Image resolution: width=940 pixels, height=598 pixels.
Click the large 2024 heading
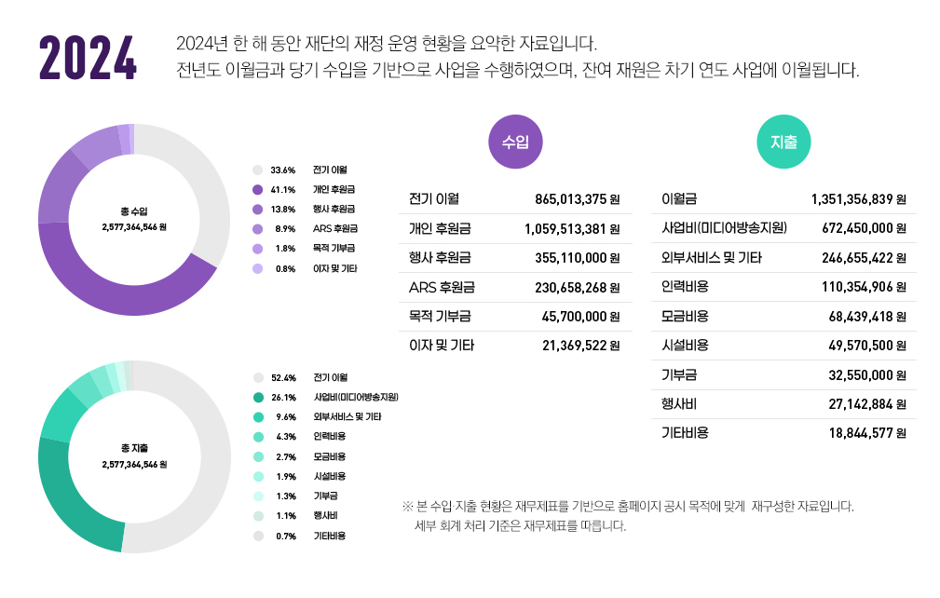pos(88,58)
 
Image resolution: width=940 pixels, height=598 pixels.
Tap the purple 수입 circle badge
pos(515,143)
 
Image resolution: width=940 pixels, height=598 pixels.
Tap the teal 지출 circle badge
pos(783,143)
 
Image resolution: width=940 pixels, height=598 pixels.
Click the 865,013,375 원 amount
pos(578,199)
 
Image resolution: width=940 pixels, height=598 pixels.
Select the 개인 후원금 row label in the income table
pos(440,228)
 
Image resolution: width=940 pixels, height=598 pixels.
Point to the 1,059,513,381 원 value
pos(572,229)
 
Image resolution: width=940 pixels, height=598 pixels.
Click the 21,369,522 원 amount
pos(581,346)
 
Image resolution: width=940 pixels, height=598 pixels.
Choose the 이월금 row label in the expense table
pos(679,199)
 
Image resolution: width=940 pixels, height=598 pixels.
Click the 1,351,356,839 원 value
pos(858,199)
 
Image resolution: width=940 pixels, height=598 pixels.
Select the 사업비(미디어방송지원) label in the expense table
pos(724,228)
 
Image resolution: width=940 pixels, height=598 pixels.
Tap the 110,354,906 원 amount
pos(864,287)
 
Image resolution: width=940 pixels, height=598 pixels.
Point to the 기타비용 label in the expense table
pos(685,432)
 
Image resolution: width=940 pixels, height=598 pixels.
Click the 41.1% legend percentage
pos(282,189)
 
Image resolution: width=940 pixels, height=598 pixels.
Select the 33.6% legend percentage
pos(282,170)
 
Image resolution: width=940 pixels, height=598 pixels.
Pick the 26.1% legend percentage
pos(282,397)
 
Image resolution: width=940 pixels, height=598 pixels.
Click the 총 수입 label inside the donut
pos(134,211)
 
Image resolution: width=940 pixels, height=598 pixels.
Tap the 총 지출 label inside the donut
pos(134,447)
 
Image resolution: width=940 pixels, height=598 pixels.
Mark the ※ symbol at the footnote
pos(407,507)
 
